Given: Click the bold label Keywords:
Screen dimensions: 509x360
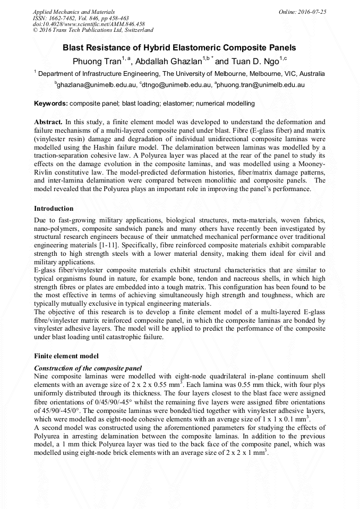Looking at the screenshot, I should pyautogui.click(x=51, y=103).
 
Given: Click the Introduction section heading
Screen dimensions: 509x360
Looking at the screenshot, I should pyautogui.click(x=54, y=209).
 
